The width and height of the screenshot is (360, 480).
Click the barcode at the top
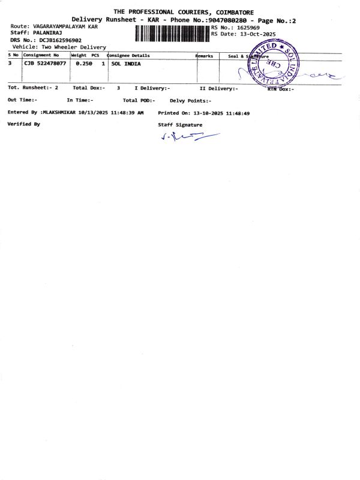click(172, 33)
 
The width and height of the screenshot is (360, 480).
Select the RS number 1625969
click(248, 28)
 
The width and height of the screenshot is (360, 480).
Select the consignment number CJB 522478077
click(46, 63)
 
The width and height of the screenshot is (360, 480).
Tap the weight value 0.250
click(82, 63)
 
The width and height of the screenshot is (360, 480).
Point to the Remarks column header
click(204, 55)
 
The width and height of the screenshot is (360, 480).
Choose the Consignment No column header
click(41, 55)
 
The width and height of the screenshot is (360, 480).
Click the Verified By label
click(24, 124)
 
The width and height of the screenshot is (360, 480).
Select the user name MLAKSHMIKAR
click(64, 112)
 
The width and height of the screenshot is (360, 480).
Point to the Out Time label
click(22, 100)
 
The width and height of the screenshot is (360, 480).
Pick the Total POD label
click(137, 100)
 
